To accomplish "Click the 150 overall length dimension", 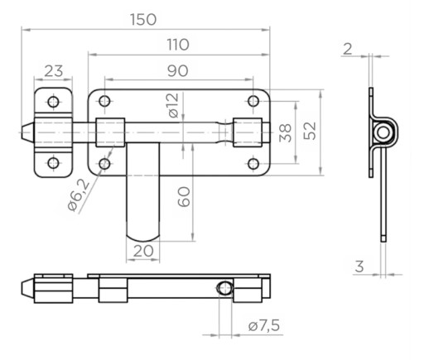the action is [143, 20].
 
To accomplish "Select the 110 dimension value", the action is [178, 45].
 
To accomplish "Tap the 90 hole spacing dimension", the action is [178, 71].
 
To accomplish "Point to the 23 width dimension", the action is [54, 71].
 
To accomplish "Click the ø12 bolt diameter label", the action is [174, 105].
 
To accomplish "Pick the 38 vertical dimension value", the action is [286, 132].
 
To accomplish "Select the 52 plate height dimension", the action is [310, 131].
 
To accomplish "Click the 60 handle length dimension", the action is [184, 197].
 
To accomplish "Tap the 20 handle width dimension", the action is [143, 251].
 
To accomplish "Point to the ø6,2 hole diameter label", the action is [79, 194].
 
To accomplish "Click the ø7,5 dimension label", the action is [264, 325].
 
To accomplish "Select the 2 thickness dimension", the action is [348, 49].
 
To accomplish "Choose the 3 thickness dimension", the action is [359, 266].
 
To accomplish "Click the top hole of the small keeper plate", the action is [53, 102].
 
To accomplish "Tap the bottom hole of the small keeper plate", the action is [53, 163].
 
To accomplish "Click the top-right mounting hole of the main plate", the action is [253, 101].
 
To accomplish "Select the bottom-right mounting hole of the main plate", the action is [253, 164].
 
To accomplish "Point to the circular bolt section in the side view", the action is [383, 132].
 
